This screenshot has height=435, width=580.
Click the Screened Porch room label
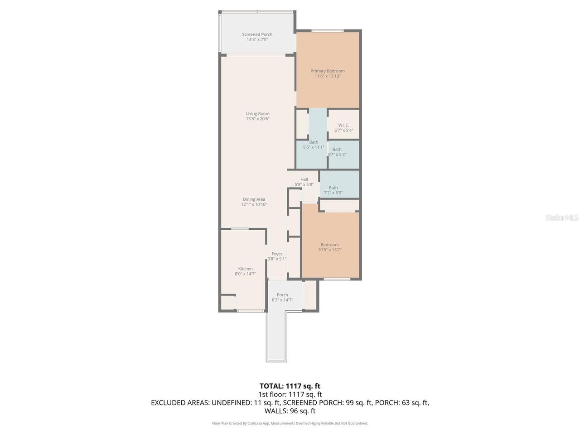(257, 34)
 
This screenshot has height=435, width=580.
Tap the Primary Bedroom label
(327, 71)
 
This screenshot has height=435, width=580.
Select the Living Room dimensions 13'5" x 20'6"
(257, 119)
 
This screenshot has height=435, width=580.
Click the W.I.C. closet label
(343, 125)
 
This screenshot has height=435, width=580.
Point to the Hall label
(304, 179)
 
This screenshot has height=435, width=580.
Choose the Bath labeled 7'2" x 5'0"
(333, 190)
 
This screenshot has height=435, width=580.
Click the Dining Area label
(254, 199)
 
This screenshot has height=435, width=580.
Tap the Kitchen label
(246, 269)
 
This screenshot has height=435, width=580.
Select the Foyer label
(277, 254)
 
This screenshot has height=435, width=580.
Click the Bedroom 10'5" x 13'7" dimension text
(329, 250)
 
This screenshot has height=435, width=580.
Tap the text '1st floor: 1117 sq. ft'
(290, 395)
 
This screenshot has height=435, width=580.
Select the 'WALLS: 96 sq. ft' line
(290, 411)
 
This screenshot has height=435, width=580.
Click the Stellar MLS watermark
(562, 218)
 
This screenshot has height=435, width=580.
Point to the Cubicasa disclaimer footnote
(290, 423)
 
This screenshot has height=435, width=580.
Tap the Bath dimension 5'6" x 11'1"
(314, 147)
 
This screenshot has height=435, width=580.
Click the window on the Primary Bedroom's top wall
(327, 31)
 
